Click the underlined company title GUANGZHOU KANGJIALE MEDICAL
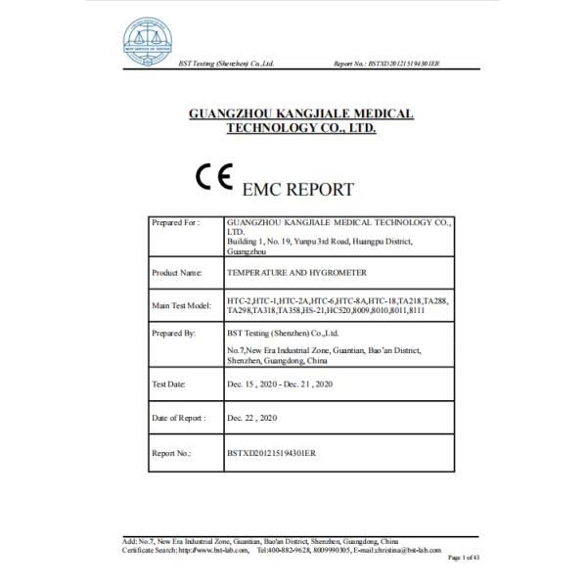(300, 114)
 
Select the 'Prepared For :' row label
(176, 223)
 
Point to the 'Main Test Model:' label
(182, 305)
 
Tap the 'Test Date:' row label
(169, 383)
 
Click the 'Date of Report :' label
(179, 418)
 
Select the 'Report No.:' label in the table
(171, 453)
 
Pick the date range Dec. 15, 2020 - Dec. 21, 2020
(281, 383)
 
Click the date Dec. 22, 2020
(251, 418)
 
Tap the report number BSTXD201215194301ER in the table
(272, 453)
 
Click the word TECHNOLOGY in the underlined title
(272, 128)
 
